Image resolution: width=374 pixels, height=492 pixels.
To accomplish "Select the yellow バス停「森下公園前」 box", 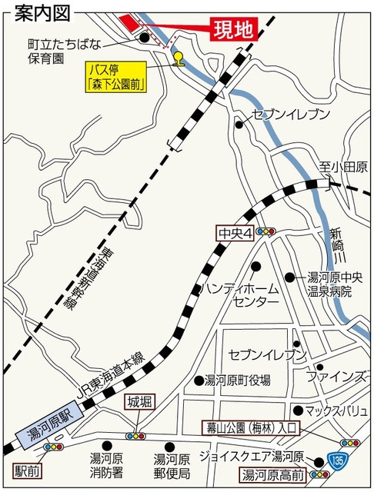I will [x=117, y=77].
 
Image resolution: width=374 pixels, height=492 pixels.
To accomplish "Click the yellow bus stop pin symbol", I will [x=179, y=59].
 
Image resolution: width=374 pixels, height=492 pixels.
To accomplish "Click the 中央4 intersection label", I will [x=235, y=230].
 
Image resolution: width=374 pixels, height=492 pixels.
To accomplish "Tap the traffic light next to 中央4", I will [x=267, y=230].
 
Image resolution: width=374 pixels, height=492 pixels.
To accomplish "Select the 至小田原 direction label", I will [x=343, y=167].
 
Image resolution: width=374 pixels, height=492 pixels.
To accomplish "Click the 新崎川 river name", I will [x=336, y=245].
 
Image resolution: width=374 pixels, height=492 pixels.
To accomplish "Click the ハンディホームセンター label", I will [x=240, y=294].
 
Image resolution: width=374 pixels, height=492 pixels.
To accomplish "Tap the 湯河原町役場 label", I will [x=237, y=380].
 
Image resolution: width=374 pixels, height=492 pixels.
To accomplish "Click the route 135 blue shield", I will [x=339, y=460].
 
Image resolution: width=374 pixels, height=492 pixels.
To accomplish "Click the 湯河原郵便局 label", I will [x=171, y=464].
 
